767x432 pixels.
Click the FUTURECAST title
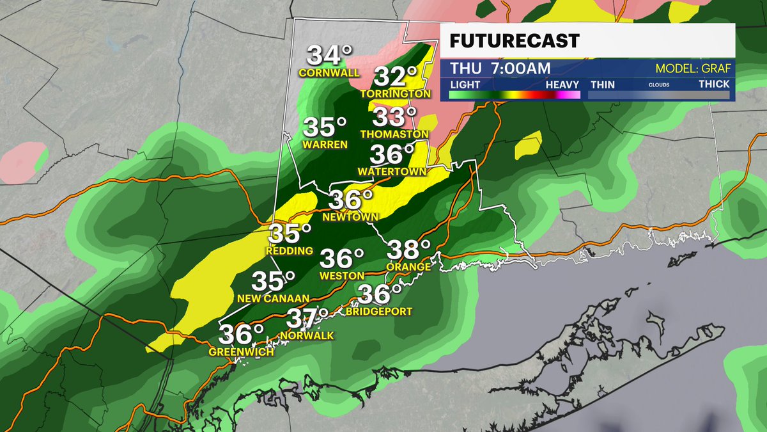tap(515, 41)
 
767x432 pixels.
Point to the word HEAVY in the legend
tap(562, 84)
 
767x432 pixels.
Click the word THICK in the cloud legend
tap(713, 84)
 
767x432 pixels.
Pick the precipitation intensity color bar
tap(515, 95)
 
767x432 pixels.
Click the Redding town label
tap(291, 250)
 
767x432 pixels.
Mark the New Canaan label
tap(273, 298)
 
